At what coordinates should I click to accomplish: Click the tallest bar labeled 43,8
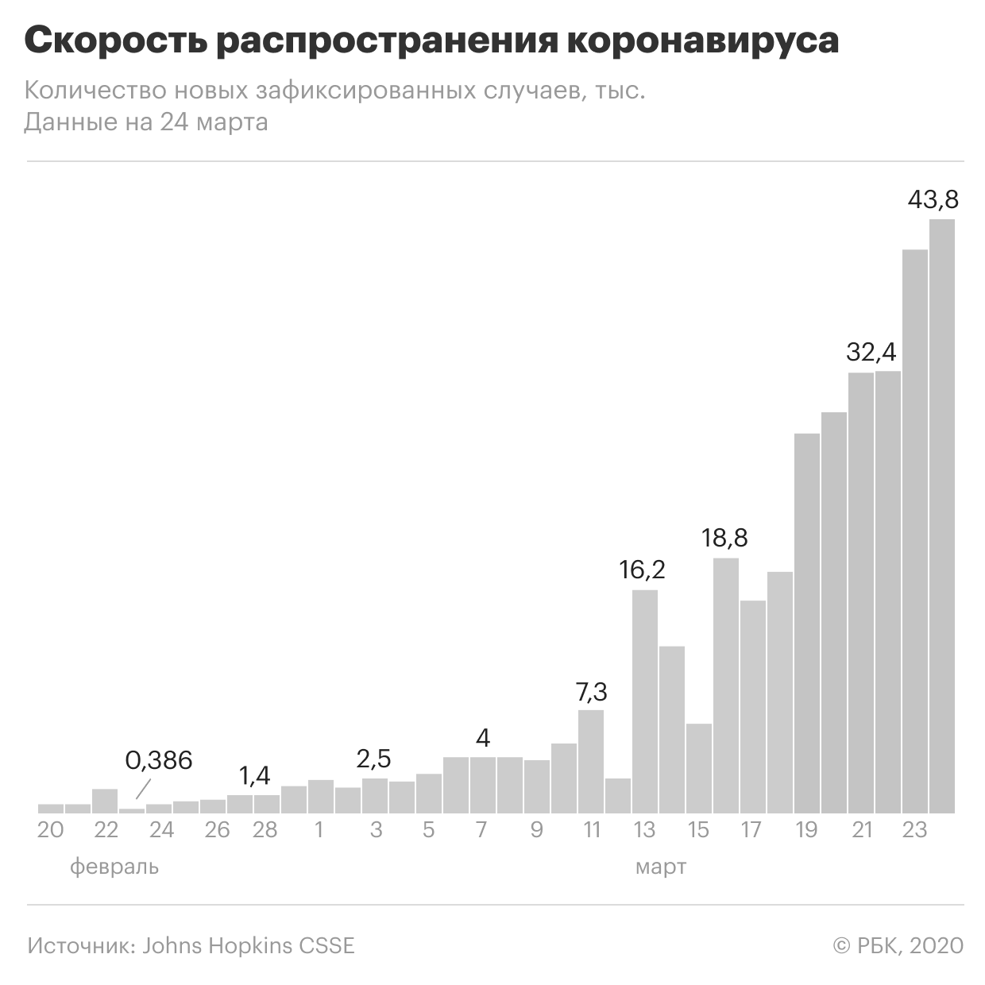(942, 516)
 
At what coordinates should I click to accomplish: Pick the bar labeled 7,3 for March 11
(591, 761)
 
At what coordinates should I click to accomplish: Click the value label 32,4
(871, 351)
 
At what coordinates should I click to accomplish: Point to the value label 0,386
(159, 760)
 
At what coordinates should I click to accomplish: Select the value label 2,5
(373, 759)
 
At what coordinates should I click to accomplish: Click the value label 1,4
(255, 775)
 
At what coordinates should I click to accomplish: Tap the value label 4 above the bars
(482, 738)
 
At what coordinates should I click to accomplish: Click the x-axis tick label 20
(50, 830)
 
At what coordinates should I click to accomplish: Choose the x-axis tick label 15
(698, 830)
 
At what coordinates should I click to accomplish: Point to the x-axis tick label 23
(914, 830)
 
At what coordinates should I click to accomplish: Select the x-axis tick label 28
(265, 830)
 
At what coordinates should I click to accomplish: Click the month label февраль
(114, 867)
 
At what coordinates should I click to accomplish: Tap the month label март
(660, 867)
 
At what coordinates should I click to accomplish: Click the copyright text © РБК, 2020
(898, 946)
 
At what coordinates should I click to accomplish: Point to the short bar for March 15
(699, 768)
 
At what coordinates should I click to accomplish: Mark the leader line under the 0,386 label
(142, 788)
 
